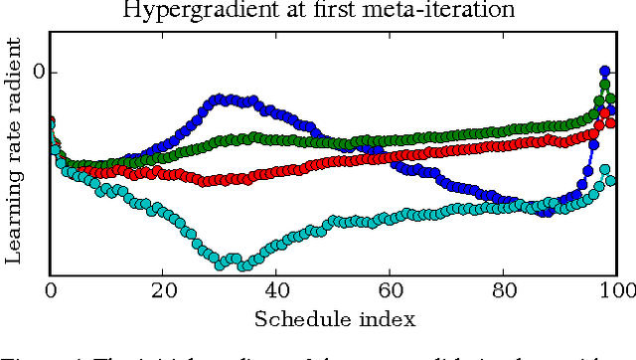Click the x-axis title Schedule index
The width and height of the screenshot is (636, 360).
point(334,318)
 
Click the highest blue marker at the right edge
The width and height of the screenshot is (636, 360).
point(604,72)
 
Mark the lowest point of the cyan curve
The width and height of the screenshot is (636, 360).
point(221,266)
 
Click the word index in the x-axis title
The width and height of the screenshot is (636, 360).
point(382,318)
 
